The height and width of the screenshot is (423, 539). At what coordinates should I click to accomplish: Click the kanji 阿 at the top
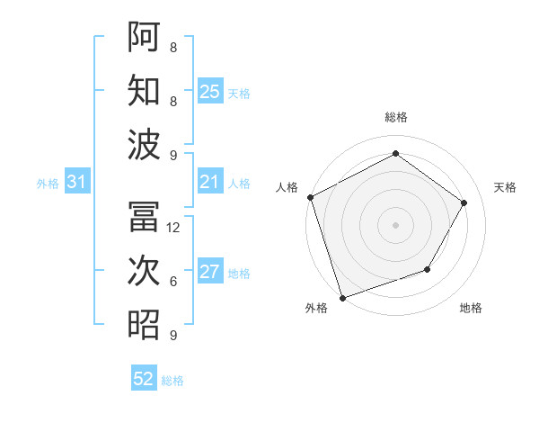pos(145,38)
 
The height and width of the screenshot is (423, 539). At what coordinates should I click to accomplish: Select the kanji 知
pos(145,91)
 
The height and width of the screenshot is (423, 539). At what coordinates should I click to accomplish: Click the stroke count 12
pos(174,228)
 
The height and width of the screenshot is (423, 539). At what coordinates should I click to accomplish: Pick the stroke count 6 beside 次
pos(172,282)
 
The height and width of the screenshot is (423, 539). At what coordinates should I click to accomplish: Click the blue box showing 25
pos(210,91)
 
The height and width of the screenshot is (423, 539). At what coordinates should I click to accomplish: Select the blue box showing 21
pos(210,183)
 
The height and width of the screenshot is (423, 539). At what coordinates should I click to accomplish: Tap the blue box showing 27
pos(210,273)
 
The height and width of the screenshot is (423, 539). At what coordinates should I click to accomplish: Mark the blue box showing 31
pos(77,183)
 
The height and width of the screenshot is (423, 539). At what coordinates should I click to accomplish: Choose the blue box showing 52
pos(144,379)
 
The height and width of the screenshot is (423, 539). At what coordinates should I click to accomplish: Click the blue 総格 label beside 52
pos(172,381)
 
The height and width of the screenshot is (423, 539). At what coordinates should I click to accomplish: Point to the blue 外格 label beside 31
pos(48,184)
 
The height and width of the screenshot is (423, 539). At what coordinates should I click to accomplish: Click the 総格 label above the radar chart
pos(395,117)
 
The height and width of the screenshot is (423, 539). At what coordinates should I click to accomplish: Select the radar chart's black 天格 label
pos(505,187)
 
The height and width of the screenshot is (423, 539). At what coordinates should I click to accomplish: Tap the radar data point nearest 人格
pos(310,197)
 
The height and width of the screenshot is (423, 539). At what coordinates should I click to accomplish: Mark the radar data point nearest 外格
pos(342,297)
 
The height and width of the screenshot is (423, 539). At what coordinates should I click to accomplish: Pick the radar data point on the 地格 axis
pos(428,269)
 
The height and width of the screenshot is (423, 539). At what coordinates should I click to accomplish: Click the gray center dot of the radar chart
pos(395,224)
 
